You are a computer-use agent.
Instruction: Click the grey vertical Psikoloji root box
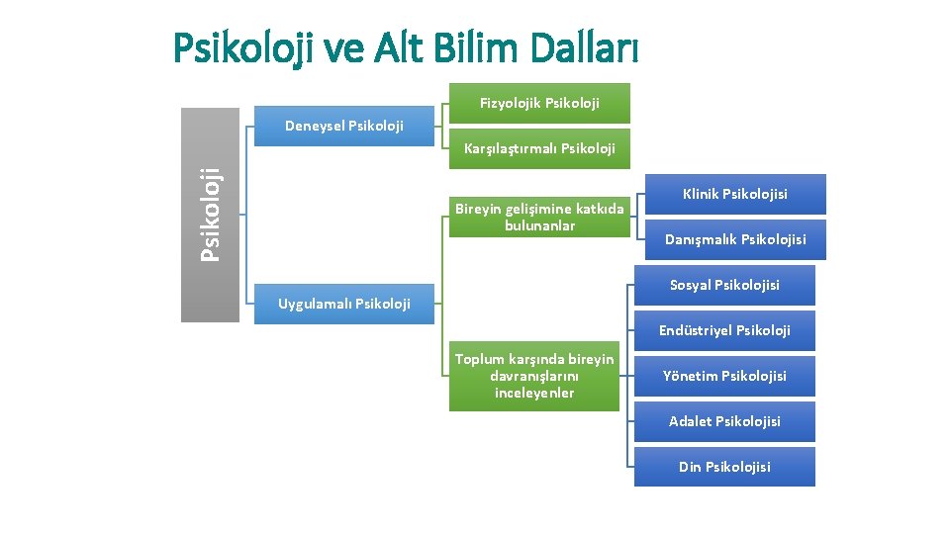(x=210, y=215)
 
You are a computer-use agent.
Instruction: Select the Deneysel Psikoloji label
(x=343, y=126)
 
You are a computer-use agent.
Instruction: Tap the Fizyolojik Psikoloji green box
(x=539, y=102)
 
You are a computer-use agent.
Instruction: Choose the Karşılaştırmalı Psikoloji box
(x=539, y=148)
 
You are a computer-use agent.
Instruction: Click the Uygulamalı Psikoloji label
(x=343, y=304)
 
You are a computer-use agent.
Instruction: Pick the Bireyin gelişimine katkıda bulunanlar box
(x=539, y=217)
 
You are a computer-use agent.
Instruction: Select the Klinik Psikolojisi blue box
(x=735, y=194)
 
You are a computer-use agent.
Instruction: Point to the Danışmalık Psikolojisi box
(x=735, y=239)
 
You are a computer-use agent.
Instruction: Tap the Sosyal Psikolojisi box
(x=724, y=285)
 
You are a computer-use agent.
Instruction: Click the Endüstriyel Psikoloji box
(x=724, y=330)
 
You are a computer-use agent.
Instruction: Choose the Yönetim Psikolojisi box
(x=724, y=376)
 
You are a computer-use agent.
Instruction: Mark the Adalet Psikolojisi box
(x=724, y=421)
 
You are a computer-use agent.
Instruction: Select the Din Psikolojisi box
(x=724, y=467)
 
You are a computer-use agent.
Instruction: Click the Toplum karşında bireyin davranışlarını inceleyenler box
(x=534, y=376)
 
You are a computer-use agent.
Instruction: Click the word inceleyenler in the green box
(x=534, y=394)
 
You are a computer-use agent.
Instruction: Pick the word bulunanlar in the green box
(x=539, y=226)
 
